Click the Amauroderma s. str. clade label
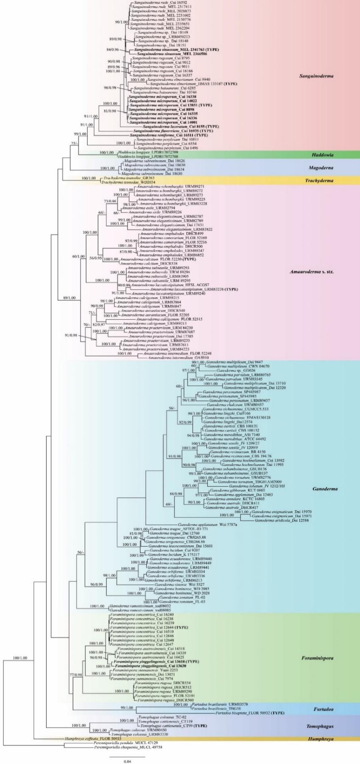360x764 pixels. tap(312, 271)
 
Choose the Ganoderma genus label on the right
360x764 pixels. tap(325, 489)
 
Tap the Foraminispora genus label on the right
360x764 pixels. tap(317, 658)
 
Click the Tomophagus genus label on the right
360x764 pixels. tap(320, 726)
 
